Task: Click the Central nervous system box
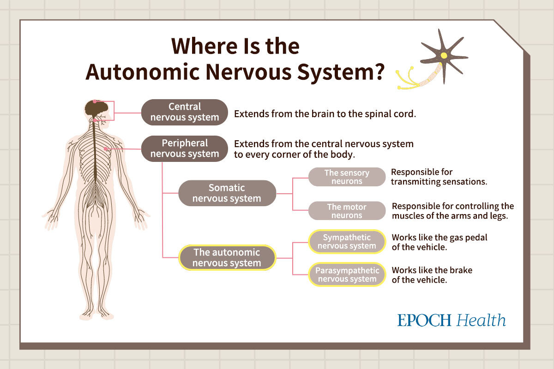click(x=185, y=112)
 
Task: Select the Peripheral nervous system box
click(x=185, y=149)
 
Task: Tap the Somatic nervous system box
click(x=227, y=193)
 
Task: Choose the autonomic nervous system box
click(x=227, y=257)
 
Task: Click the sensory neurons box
click(x=347, y=177)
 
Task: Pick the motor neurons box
click(x=347, y=211)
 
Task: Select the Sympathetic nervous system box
click(x=347, y=242)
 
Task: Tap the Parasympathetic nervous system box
click(x=347, y=274)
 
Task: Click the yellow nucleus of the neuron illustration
click(x=444, y=55)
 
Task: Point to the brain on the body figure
click(x=96, y=108)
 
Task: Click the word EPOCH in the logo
click(x=424, y=320)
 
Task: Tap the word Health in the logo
click(x=481, y=320)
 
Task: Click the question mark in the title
click(x=378, y=72)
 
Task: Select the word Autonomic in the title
click(x=143, y=72)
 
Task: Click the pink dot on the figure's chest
click(x=106, y=149)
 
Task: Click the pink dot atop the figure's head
click(x=95, y=101)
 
